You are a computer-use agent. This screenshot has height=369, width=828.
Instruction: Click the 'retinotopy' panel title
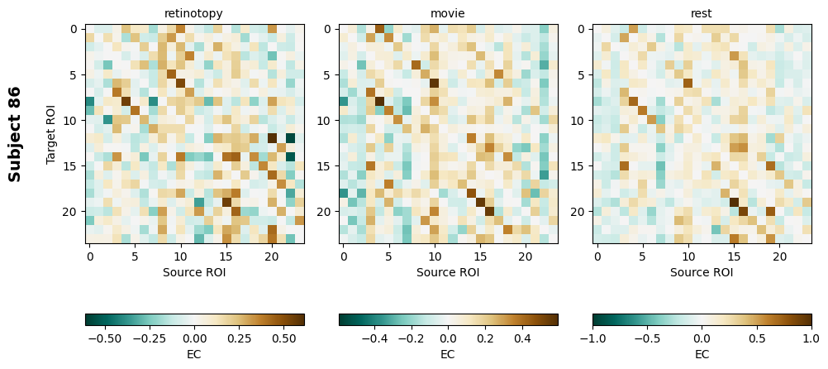pyautogui.click(x=194, y=13)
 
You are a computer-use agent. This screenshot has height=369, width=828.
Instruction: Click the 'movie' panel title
pyautogui.click(x=448, y=13)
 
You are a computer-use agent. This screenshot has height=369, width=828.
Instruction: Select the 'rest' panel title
pyautogui.click(x=702, y=13)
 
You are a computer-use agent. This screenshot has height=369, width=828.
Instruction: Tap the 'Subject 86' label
pyautogui.click(x=15, y=134)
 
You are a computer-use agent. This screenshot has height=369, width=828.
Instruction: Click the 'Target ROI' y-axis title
pyautogui.click(x=51, y=134)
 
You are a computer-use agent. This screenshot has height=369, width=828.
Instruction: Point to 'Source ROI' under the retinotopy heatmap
pyautogui.click(x=194, y=271)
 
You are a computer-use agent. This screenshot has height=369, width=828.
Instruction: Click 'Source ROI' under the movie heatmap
pyautogui.click(x=448, y=271)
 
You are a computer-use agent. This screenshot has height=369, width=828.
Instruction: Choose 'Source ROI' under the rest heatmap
pyautogui.click(x=702, y=271)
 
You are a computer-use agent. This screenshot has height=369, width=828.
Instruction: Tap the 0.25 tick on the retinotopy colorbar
pyautogui.click(x=240, y=338)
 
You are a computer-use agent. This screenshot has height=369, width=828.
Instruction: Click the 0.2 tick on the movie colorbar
pyautogui.click(x=485, y=338)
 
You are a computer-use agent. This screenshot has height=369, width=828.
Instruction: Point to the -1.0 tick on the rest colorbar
pyautogui.click(x=593, y=338)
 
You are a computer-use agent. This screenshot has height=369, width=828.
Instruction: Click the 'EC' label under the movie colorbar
pyautogui.click(x=448, y=354)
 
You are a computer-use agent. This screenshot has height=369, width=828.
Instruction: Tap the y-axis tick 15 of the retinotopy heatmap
pyautogui.click(x=74, y=166)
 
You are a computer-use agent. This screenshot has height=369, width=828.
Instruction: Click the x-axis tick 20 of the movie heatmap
pyautogui.click(x=526, y=256)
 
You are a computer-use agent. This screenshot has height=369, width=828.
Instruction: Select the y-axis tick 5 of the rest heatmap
pyautogui.click(x=581, y=74)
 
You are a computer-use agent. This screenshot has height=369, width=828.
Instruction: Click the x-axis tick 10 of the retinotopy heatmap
pyautogui.click(x=181, y=256)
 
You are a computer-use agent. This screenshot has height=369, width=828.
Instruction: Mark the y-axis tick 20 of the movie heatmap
pyautogui.click(x=327, y=212)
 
